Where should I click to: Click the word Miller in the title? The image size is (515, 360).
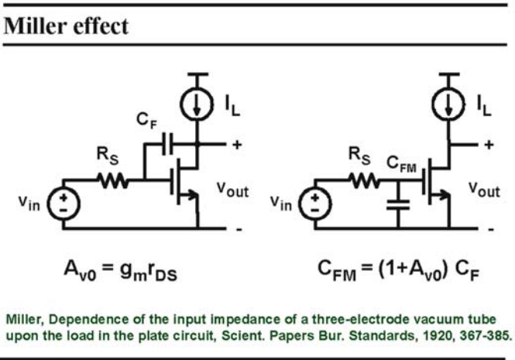(35, 26)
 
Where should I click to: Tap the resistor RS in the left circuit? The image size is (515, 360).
(113, 180)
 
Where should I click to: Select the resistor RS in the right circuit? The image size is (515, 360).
(365, 180)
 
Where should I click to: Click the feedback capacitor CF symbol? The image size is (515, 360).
(167, 144)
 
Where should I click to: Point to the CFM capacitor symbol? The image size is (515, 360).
(398, 204)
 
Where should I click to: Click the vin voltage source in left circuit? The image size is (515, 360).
(64, 204)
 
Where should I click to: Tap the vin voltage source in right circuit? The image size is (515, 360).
(315, 204)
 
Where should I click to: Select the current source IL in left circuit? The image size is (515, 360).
(197, 105)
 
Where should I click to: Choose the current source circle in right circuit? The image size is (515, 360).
(448, 105)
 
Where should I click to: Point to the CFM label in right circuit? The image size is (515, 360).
(401, 164)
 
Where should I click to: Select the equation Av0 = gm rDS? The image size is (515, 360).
(121, 270)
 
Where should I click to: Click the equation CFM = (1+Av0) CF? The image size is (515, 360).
(398, 270)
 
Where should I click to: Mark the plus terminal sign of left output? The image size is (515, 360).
(237, 144)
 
